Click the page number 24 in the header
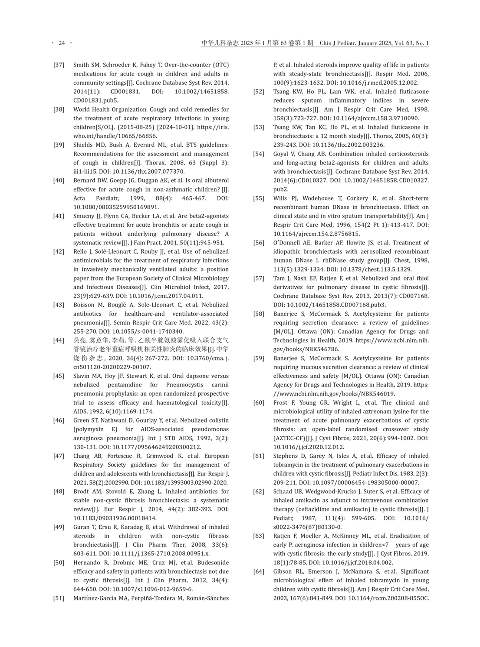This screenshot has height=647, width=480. click(x=62, y=43)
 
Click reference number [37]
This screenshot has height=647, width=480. click(x=59, y=65)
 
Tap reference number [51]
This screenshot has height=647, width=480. click(x=59, y=598)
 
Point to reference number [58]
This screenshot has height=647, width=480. click(x=259, y=314)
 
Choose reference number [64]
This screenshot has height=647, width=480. click(x=259, y=572)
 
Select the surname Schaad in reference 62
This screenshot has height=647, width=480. click(x=283, y=492)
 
